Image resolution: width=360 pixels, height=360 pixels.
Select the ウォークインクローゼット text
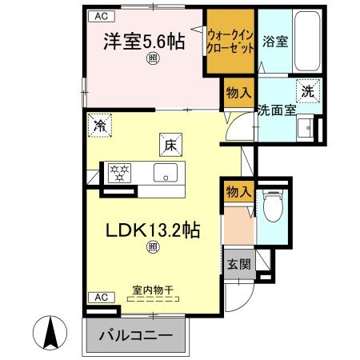click(231, 42)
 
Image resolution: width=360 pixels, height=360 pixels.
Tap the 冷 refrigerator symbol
click(100, 126)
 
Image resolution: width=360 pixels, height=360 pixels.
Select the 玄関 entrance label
click(238, 266)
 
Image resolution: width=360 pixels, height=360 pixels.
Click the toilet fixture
click(272, 209)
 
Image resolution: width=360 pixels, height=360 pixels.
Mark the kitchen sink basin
click(166, 171)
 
